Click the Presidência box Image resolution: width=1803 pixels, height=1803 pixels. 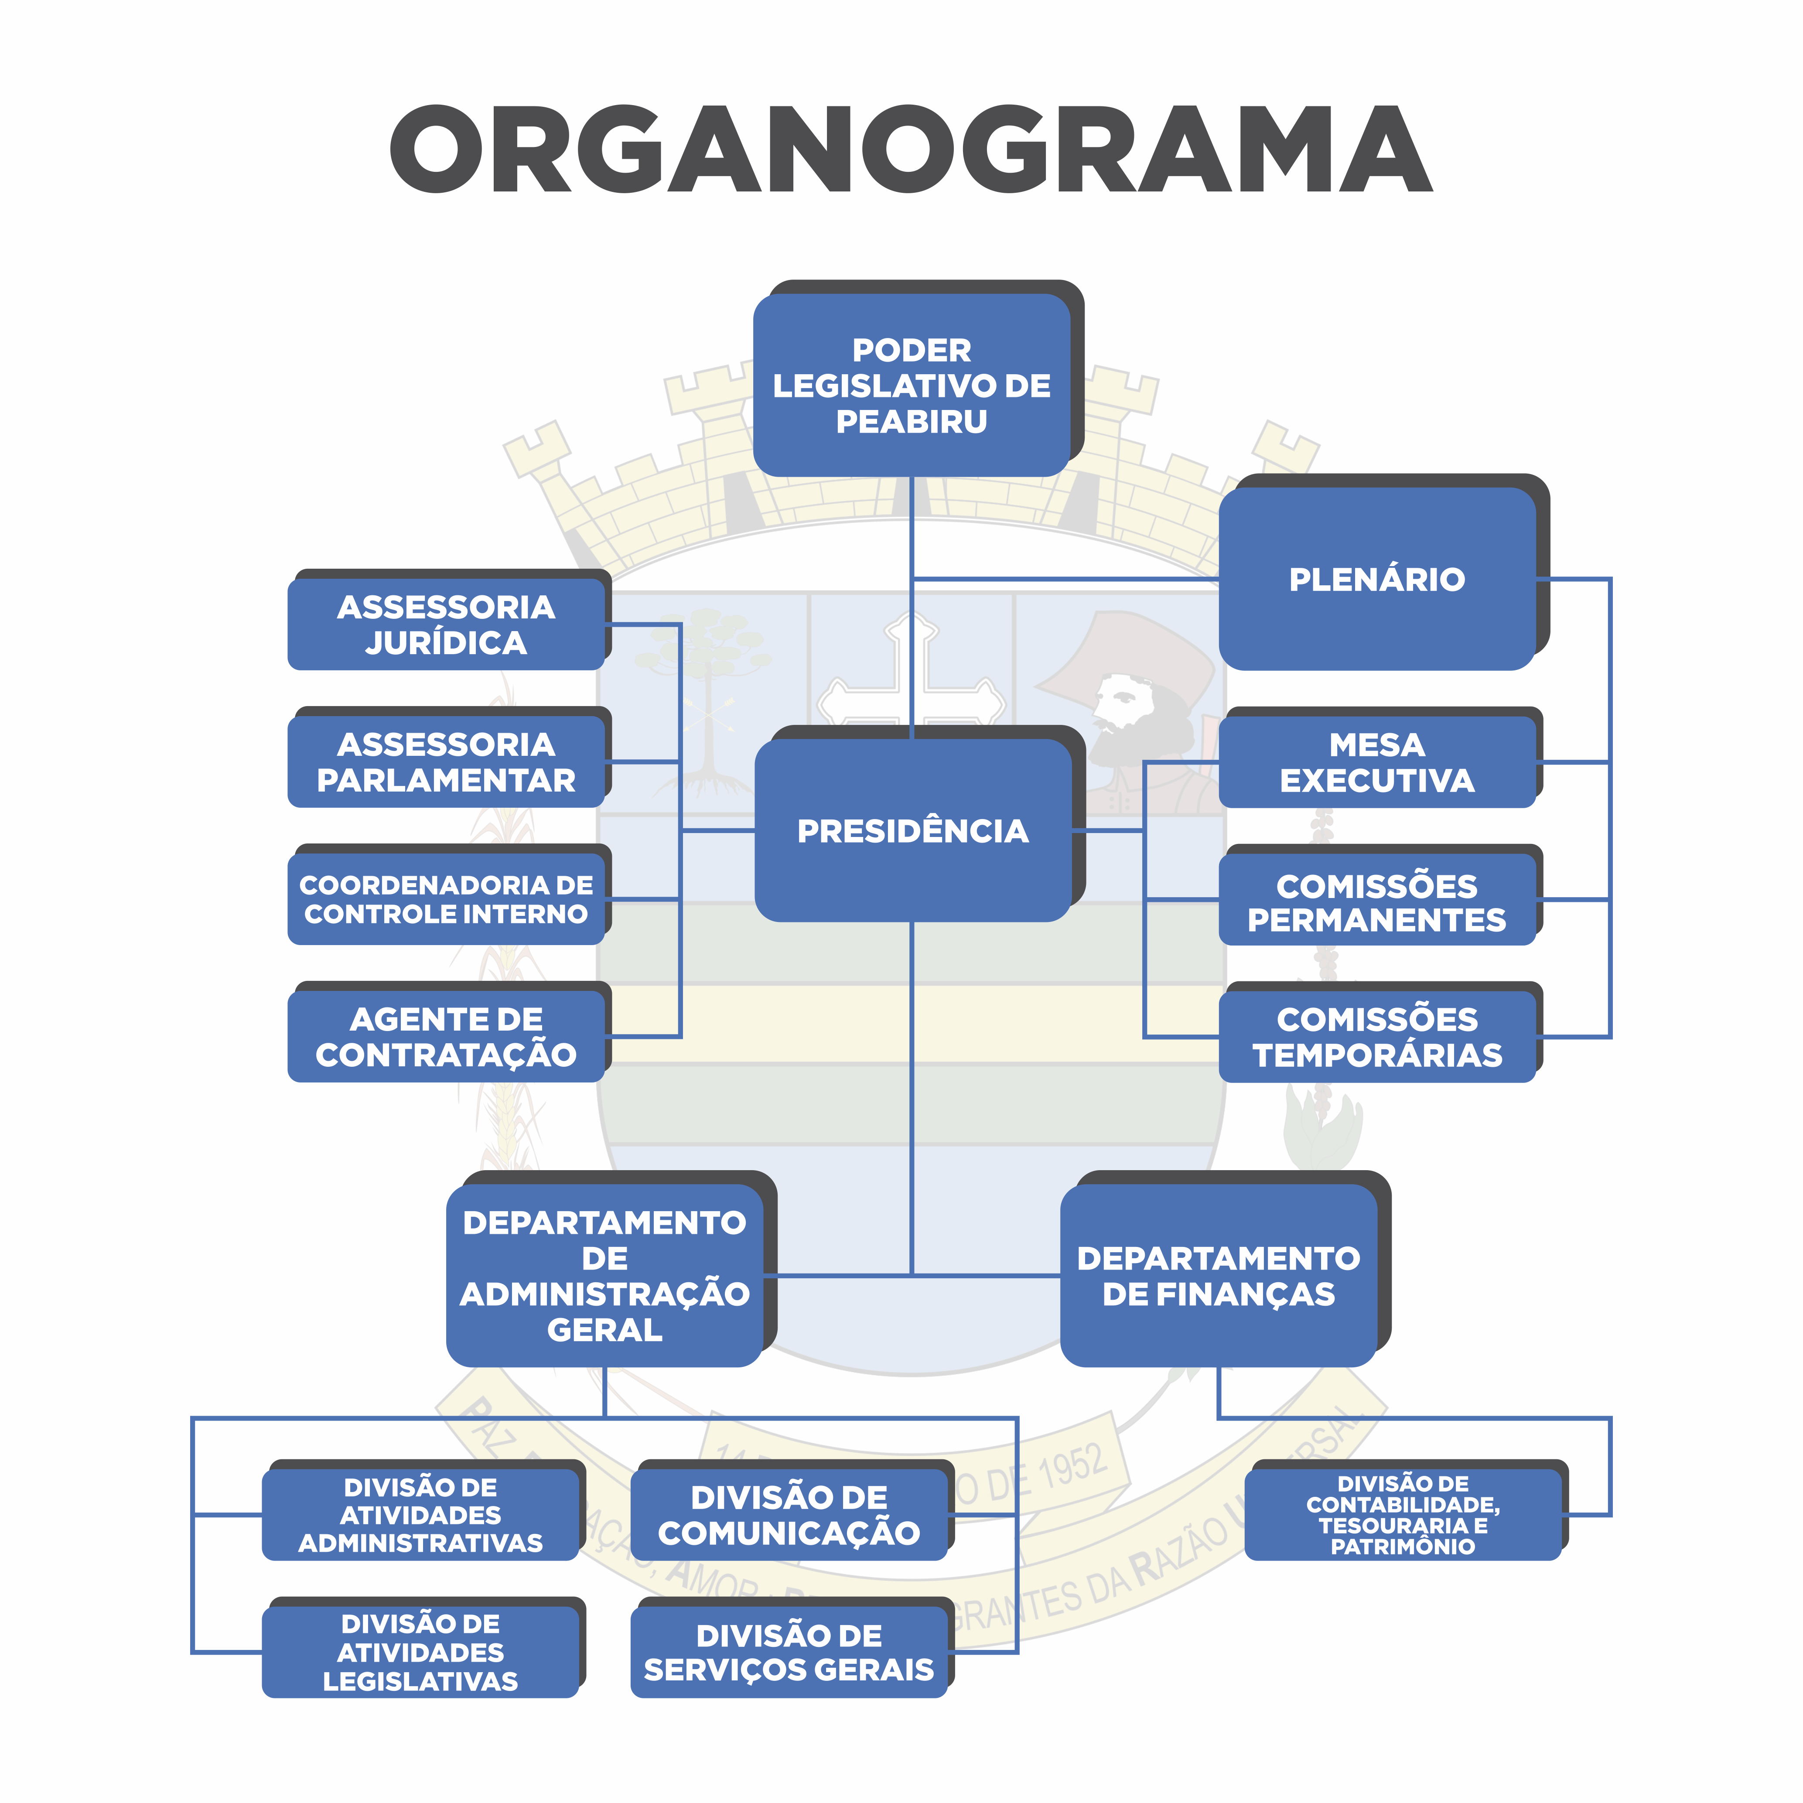(913, 830)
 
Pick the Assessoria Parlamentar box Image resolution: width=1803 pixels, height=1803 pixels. (446, 761)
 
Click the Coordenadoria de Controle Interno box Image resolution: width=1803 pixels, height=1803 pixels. (446, 899)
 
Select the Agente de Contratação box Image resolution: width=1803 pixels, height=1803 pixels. (446, 1036)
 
